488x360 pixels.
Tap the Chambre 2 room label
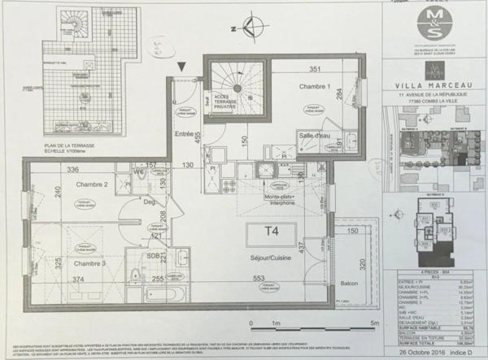(x=93, y=184)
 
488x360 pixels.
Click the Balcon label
(x=349, y=284)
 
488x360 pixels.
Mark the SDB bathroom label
(x=152, y=257)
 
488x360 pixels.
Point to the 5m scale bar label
(x=372, y=324)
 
